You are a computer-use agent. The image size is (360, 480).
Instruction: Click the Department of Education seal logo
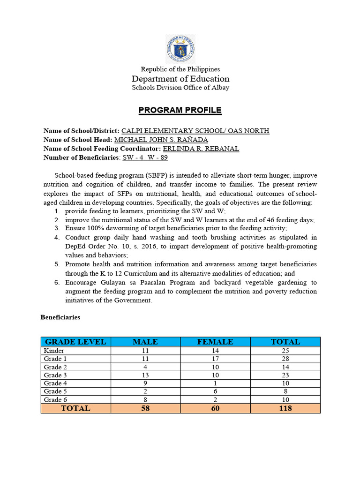click(180, 49)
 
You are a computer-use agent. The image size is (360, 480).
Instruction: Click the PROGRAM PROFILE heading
click(180, 111)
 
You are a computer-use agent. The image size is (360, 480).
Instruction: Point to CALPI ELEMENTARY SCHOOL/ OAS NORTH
click(195, 131)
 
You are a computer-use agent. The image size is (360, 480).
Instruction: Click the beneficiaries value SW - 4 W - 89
click(145, 157)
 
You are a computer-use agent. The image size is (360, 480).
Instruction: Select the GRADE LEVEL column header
click(75, 342)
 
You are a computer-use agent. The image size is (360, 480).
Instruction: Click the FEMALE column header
click(215, 342)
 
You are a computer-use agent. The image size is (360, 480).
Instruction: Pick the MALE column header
click(145, 342)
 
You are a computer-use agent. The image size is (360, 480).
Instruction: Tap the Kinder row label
click(54, 351)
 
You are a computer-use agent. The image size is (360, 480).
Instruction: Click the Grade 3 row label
click(55, 375)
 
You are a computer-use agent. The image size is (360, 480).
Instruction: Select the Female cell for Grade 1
click(215, 359)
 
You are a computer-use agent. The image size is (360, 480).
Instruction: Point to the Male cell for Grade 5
click(145, 391)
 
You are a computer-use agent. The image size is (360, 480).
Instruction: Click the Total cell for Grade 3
click(285, 375)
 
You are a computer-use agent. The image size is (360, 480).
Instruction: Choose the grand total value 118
click(285, 408)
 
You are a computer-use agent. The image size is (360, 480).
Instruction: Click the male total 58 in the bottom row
click(145, 408)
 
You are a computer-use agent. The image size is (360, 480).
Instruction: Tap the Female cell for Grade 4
click(215, 383)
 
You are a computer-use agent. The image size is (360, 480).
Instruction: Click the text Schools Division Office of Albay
click(180, 88)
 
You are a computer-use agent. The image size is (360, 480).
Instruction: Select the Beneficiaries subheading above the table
click(60, 317)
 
